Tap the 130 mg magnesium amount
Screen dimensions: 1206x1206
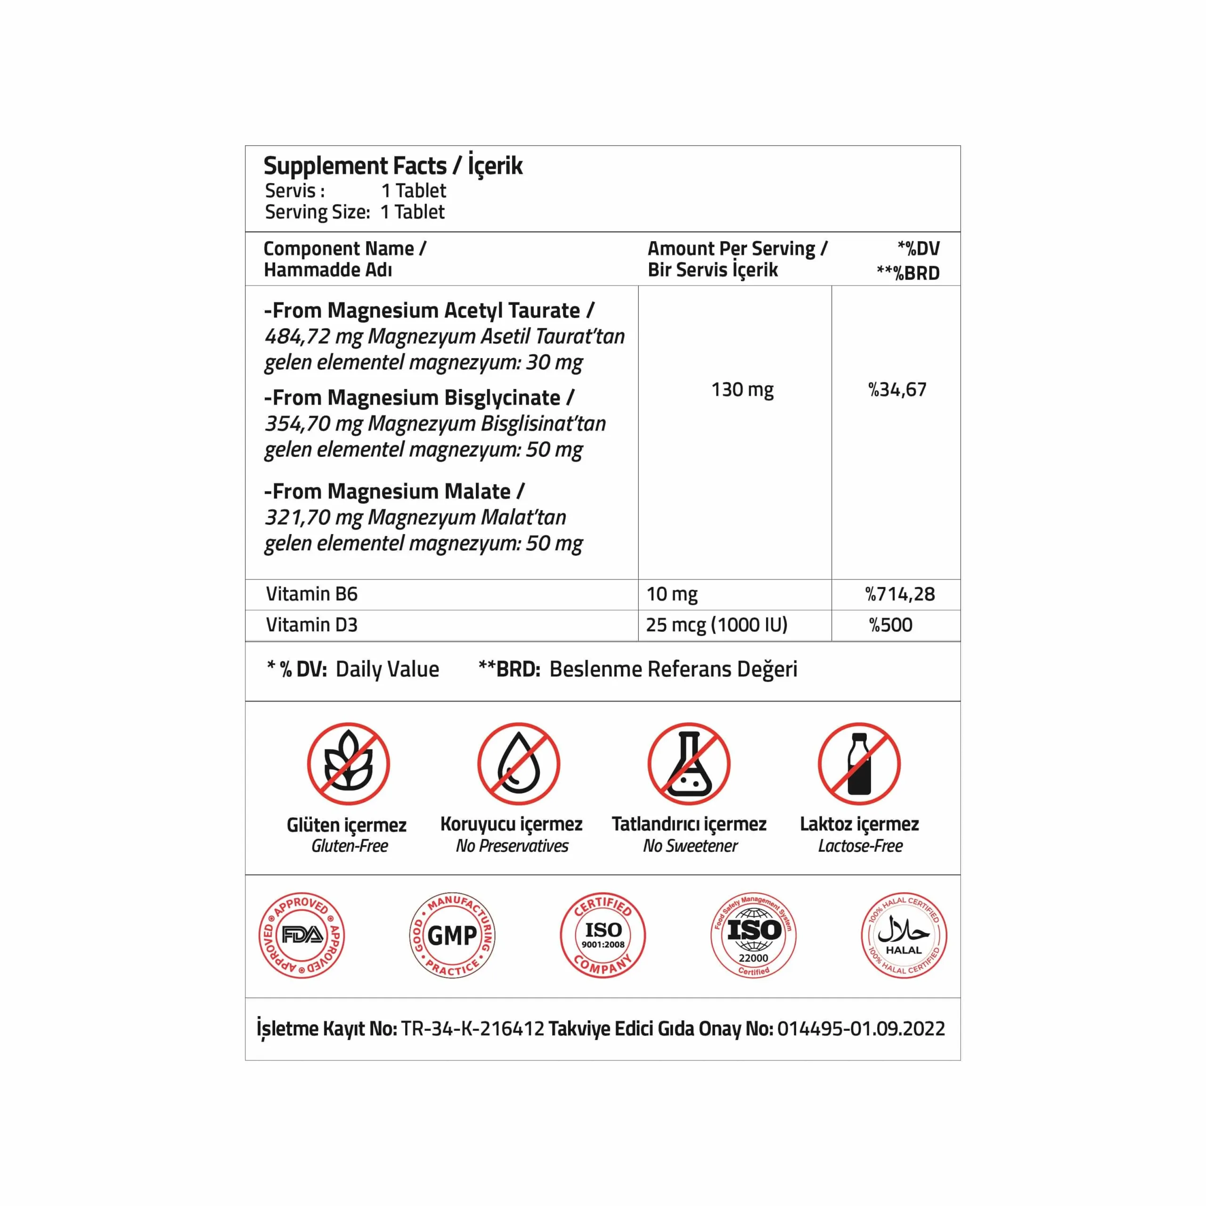(742, 390)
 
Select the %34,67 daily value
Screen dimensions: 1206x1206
(897, 390)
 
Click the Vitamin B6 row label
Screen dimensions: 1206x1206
(311, 594)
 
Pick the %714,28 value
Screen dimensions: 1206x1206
(899, 594)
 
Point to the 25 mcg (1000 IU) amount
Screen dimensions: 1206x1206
(717, 625)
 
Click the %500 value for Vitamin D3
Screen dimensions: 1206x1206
(891, 625)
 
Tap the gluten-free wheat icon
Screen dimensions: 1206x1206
(348, 764)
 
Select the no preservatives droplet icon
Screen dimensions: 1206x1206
(519, 764)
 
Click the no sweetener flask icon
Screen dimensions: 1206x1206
(689, 764)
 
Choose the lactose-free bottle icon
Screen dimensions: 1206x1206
(860, 764)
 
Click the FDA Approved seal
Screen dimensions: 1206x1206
(302, 935)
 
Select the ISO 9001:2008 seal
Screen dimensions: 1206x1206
(603, 935)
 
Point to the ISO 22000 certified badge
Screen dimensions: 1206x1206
(753, 935)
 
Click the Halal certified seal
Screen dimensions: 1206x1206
(904, 935)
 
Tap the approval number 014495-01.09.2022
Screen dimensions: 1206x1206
(861, 1029)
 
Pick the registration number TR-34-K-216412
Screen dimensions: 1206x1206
(473, 1029)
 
